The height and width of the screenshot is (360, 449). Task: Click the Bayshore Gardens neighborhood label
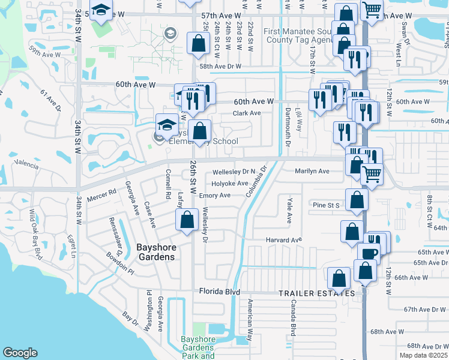(x=147, y=251)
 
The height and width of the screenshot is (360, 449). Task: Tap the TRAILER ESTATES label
(x=316, y=293)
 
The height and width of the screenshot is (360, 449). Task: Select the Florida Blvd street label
(x=219, y=292)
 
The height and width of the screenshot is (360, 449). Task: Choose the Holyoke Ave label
(x=229, y=184)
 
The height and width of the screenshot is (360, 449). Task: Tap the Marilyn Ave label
(x=312, y=171)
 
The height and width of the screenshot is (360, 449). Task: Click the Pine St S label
(x=327, y=205)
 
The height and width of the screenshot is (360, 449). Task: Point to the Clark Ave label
(x=247, y=113)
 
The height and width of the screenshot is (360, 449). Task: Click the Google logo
(x=20, y=352)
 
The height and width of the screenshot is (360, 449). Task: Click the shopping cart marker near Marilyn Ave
(x=372, y=175)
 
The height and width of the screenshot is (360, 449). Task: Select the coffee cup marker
(x=369, y=253)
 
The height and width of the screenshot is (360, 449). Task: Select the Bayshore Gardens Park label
(x=198, y=347)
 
